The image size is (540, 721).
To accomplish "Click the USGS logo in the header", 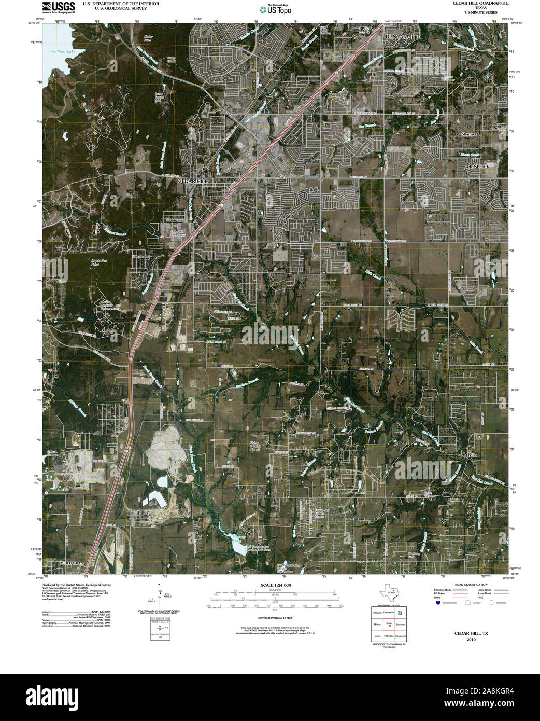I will (x=59, y=7).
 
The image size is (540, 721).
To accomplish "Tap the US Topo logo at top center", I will (x=279, y=8).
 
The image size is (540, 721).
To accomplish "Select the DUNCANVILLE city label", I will (x=404, y=37).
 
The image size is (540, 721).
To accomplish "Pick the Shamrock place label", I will (x=471, y=134).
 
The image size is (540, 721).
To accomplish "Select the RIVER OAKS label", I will (x=366, y=30).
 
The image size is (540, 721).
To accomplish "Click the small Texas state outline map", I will (x=389, y=591).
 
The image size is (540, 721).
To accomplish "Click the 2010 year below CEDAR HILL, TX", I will (x=471, y=640).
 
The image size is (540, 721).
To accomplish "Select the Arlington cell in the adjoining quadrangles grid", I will (x=377, y=613).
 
